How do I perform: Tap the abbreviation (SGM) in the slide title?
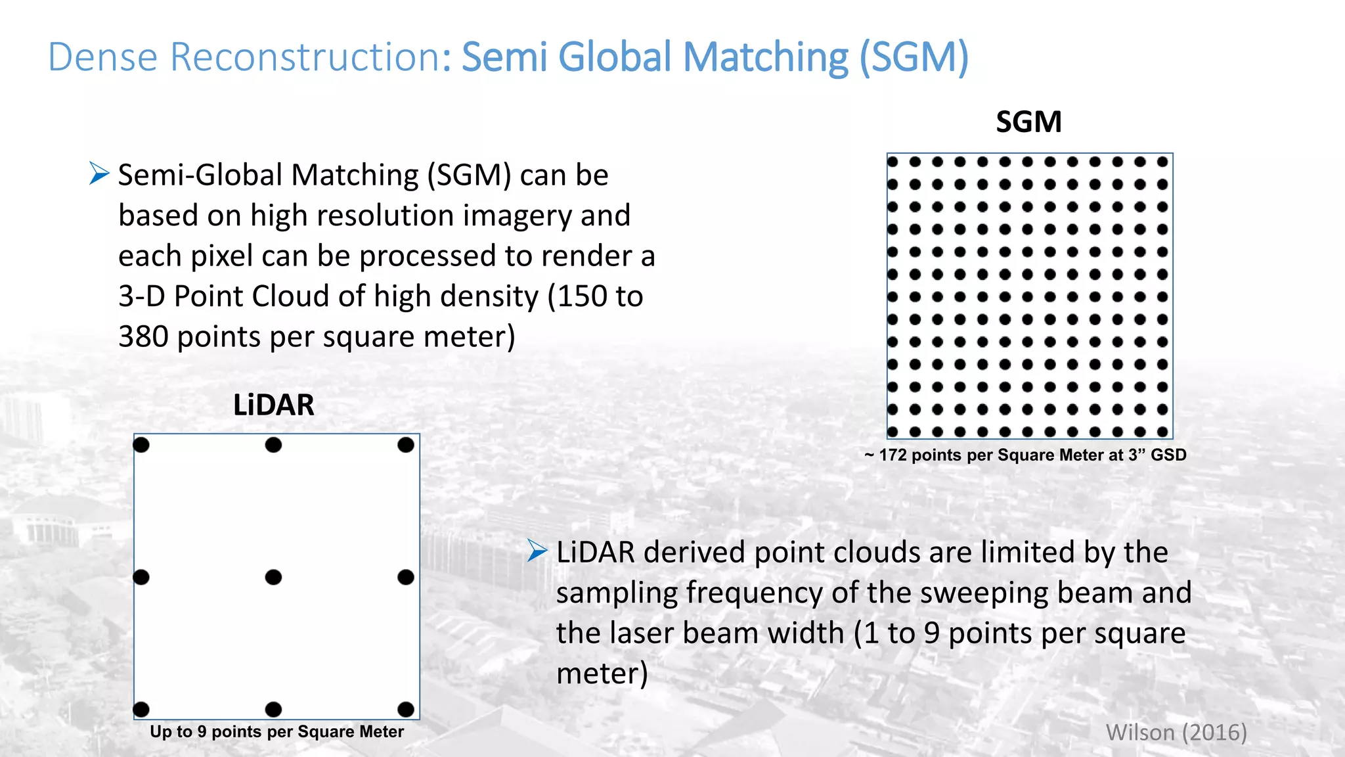(x=914, y=57)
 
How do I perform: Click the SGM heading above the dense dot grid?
(x=1028, y=122)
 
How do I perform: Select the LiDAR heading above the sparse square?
(x=274, y=405)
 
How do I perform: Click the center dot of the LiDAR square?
(x=273, y=577)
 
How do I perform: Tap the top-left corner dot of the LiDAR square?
(x=141, y=445)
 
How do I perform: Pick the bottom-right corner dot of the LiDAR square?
(x=406, y=709)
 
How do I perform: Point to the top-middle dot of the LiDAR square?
(x=273, y=445)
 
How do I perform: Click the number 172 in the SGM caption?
(x=893, y=455)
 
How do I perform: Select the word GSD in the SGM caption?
(x=1168, y=455)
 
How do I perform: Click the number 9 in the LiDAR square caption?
(x=202, y=731)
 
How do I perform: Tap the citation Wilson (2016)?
(x=1176, y=732)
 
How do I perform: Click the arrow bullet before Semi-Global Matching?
(x=99, y=173)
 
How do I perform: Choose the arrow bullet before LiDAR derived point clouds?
(x=537, y=551)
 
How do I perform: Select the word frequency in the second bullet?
(x=754, y=593)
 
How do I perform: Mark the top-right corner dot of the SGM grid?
(x=1162, y=162)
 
